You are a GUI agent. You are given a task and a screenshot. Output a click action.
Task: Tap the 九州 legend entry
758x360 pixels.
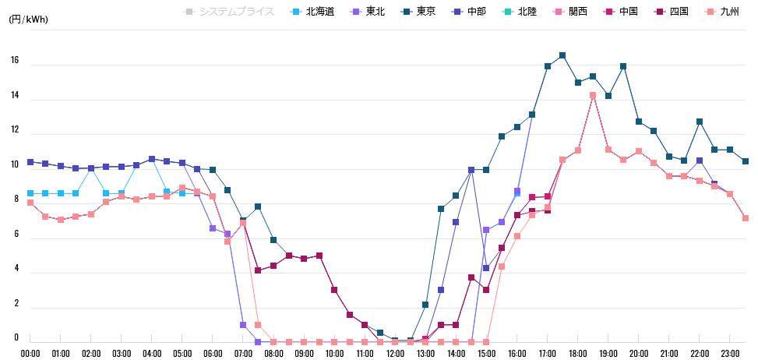click(x=724, y=12)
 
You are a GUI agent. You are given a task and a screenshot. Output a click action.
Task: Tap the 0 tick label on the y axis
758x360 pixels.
click(x=16, y=337)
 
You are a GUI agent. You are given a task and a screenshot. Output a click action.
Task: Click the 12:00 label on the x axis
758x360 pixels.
click(x=396, y=353)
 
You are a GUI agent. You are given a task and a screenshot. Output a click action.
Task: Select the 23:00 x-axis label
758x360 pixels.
click(x=730, y=353)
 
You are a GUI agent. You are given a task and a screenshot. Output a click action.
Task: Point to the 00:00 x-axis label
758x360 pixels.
click(x=30, y=353)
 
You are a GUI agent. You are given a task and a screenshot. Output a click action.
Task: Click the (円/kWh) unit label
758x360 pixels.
click(x=28, y=19)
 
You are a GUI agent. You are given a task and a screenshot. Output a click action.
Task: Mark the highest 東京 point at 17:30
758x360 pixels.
click(x=562, y=55)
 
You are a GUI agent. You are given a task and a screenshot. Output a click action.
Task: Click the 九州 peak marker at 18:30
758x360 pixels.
click(x=593, y=95)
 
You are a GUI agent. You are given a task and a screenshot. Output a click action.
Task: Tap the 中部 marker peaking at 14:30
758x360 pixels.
click(x=471, y=170)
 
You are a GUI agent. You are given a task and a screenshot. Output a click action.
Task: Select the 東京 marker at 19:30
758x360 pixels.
click(x=623, y=66)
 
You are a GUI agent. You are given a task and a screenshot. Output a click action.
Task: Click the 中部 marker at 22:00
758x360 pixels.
click(x=700, y=161)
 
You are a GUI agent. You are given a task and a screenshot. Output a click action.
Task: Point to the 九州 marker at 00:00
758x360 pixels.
click(x=30, y=203)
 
